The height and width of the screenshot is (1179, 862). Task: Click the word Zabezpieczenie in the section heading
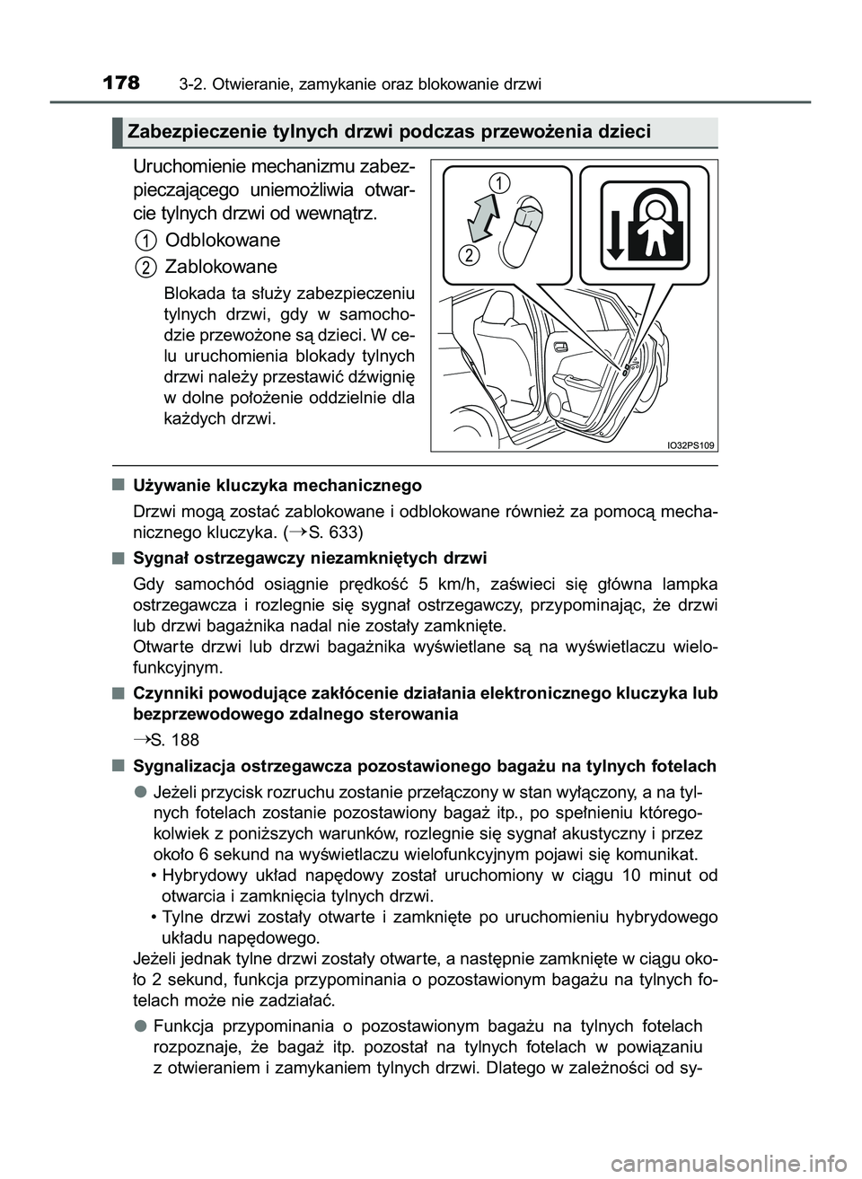click(186, 132)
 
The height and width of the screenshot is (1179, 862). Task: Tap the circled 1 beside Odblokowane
click(145, 240)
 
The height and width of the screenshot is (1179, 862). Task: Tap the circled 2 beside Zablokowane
click(145, 266)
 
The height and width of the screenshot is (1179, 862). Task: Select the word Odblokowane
click(223, 240)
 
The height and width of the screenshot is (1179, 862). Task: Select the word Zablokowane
click(221, 267)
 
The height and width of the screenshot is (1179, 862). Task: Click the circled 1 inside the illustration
click(498, 182)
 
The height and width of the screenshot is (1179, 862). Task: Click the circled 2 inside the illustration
click(469, 256)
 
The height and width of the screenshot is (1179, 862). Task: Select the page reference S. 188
click(165, 741)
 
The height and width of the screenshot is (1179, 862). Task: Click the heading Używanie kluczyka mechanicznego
click(277, 486)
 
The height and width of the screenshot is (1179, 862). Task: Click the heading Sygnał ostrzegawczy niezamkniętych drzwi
click(310, 558)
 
